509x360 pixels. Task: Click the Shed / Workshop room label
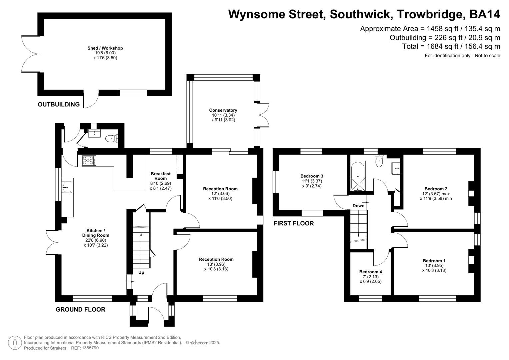coord(105,48)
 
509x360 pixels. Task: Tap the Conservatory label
coord(223,110)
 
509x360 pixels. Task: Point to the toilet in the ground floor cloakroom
coord(110,138)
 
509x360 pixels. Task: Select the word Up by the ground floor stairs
coord(141,272)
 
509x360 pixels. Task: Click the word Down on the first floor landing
coord(358,206)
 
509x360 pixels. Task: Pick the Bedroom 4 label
coord(371,272)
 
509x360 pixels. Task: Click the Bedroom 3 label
coord(312,176)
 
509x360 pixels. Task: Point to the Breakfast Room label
coord(160,176)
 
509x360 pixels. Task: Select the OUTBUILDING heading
coord(59,104)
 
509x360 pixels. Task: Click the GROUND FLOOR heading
coord(80,309)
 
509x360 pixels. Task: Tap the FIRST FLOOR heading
coord(294,223)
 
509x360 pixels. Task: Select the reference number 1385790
coord(90,348)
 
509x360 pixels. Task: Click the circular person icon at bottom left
coord(15,343)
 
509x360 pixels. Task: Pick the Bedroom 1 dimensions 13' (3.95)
coord(434,266)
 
